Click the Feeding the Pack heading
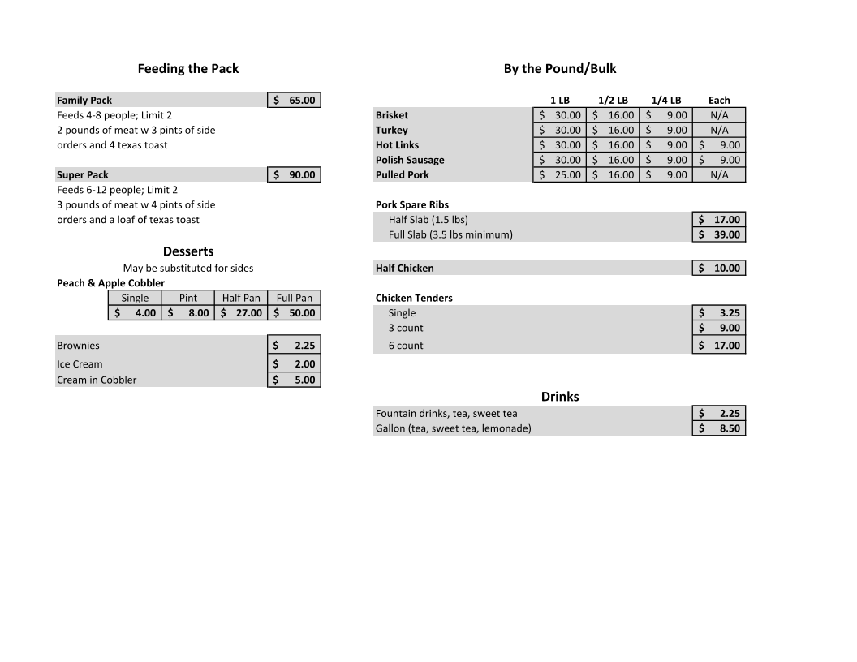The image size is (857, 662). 188,69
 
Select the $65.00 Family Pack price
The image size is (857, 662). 294,101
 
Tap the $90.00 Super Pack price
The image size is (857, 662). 294,175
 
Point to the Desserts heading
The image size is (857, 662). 188,251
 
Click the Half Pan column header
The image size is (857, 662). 241,298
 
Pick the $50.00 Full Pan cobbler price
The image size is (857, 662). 294,313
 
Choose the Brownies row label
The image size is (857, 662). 79,346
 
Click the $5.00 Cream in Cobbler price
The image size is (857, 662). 294,380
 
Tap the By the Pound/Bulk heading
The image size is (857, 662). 560,69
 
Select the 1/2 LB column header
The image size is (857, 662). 613,101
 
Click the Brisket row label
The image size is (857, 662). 392,115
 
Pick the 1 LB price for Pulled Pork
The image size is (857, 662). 560,175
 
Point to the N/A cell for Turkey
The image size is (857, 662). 719,131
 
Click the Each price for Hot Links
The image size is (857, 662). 719,145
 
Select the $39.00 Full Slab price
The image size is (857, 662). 719,235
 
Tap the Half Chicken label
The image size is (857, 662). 405,269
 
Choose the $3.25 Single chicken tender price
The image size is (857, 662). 719,313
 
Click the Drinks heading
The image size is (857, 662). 560,397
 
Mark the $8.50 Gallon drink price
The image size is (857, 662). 719,428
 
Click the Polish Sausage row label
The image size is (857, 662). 410,161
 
